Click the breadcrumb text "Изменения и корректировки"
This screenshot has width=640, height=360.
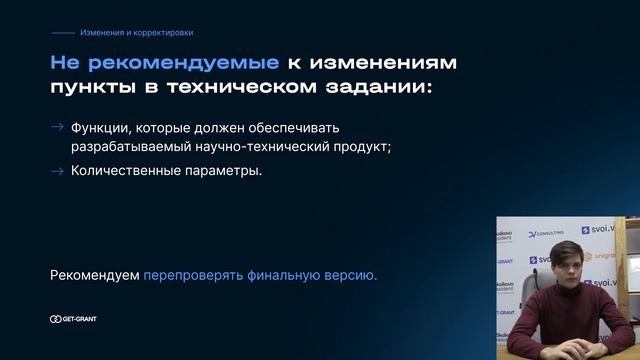(x=137, y=33)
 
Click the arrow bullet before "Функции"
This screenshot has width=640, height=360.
(x=57, y=128)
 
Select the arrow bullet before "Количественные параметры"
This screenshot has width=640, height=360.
(x=57, y=170)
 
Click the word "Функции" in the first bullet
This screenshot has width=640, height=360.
(x=96, y=128)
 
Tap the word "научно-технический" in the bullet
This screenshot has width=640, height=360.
(x=269, y=147)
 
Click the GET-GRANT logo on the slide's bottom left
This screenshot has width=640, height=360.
(x=73, y=319)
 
